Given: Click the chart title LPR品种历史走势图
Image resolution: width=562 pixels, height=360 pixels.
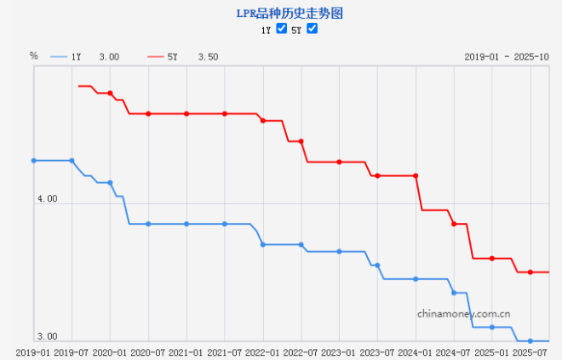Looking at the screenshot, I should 281,14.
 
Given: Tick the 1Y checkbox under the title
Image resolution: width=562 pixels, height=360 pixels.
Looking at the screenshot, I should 282,29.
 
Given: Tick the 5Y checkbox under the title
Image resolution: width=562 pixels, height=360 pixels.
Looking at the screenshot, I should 312,29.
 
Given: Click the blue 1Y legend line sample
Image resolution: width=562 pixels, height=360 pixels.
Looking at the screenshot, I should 59,56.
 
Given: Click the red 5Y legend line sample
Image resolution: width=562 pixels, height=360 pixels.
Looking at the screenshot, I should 156,56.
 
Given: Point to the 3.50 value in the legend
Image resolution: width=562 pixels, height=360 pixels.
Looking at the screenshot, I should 208,57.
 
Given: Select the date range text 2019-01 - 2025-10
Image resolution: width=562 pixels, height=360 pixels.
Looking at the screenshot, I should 508,56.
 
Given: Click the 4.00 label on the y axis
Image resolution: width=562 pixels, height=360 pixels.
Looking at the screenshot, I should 47,199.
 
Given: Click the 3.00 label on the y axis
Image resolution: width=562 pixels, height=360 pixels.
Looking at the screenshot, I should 47,337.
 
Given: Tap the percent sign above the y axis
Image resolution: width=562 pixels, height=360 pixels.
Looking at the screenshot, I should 34,56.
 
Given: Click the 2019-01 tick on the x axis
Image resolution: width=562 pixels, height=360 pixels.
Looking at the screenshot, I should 34,351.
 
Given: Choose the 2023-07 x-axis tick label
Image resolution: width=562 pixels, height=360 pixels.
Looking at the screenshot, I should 377,351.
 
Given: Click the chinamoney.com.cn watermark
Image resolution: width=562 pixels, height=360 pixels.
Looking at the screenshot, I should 468,313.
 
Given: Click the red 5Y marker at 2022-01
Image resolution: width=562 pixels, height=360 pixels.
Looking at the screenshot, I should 263,121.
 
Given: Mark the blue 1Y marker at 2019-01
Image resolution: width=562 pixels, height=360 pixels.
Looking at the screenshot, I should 34,160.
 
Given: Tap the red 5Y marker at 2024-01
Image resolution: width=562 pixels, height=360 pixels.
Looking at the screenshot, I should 416,175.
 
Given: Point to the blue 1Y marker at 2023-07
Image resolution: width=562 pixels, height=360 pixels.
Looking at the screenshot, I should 377,266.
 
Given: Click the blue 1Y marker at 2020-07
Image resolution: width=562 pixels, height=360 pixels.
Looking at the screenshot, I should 148,224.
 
